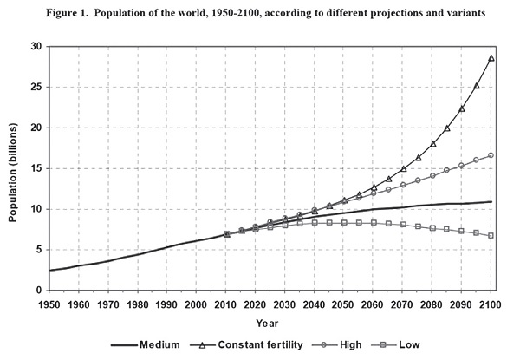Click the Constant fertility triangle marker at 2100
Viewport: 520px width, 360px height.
coord(491,58)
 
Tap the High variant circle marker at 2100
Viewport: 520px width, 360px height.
coord(491,155)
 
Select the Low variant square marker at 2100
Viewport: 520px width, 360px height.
coord(491,235)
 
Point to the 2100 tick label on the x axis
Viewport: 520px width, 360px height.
coord(491,305)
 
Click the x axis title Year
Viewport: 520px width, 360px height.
coord(270,322)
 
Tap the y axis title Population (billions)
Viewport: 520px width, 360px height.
coord(13,168)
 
